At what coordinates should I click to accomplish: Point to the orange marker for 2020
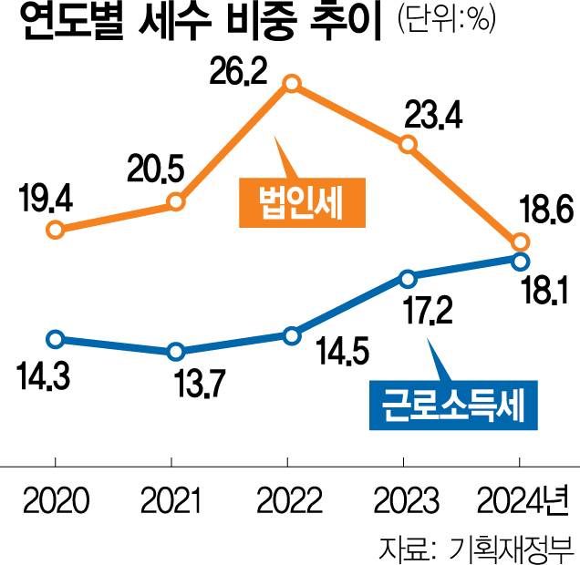pos(56,230)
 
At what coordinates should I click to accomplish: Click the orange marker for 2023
pos(408,144)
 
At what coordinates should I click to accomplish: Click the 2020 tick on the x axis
pos(57,501)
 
